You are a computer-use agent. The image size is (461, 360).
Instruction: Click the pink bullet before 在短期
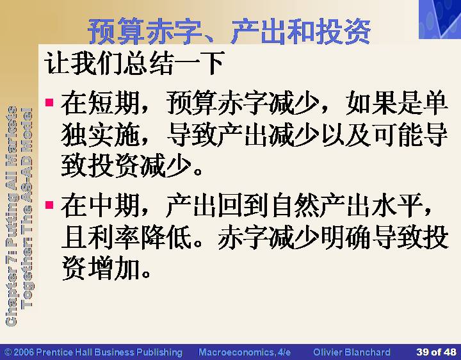pos(49,102)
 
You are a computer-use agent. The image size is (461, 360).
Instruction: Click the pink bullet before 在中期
pos(49,204)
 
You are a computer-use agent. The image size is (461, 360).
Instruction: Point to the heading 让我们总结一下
pos(134,63)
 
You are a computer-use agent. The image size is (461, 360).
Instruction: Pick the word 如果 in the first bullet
pos(371,102)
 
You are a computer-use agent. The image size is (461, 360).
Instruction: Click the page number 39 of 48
pos(436,352)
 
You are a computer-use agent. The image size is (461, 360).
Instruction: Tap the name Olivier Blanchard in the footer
pos(352,352)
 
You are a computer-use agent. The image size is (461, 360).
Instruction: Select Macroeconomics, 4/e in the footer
pos(245,352)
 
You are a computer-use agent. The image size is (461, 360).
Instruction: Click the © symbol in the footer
pos(8,352)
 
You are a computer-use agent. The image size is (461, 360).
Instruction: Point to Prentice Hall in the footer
pos(65,352)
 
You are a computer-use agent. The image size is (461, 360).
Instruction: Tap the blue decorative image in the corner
pos(440,19)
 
